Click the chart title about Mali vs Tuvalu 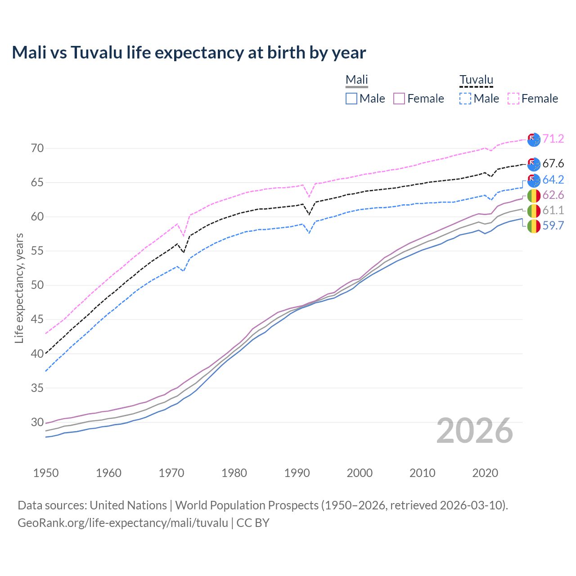tap(189, 53)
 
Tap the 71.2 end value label tap(553, 139)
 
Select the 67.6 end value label tap(553, 163)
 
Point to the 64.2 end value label tap(553, 180)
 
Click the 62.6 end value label tap(553, 195)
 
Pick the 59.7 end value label tap(553, 225)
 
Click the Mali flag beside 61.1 tap(534, 211)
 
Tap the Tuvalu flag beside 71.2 tap(534, 139)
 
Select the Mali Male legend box tap(351, 99)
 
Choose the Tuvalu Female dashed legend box tap(513, 99)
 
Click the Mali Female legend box tap(399, 99)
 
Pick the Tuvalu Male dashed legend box tap(465, 99)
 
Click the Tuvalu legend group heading tap(476, 80)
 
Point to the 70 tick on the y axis tap(37, 148)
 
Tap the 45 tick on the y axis tap(37, 319)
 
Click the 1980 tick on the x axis tap(234, 473)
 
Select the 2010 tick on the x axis tap(422, 473)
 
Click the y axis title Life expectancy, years tap(19, 288)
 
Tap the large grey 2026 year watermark tap(474, 431)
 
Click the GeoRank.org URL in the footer tap(123, 523)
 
